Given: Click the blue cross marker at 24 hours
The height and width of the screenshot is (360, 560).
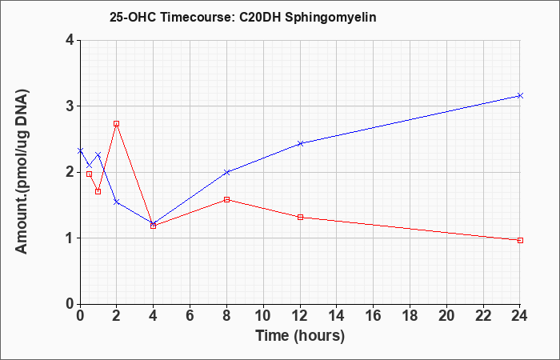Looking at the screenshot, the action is click(x=520, y=95).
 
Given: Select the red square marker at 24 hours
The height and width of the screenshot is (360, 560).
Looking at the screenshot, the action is click(x=520, y=240).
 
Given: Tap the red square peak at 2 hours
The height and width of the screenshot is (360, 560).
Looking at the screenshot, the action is click(x=116, y=123).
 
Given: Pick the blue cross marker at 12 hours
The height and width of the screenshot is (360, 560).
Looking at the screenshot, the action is click(x=300, y=143).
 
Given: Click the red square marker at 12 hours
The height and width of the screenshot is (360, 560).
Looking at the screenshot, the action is click(x=300, y=217).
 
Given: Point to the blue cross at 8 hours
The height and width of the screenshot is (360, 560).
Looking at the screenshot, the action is click(x=226, y=172).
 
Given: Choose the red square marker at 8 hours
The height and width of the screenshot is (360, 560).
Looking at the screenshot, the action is click(x=226, y=200).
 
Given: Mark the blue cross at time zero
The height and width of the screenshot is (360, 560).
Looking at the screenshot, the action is click(x=80, y=150).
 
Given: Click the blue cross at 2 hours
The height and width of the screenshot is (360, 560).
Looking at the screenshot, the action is click(x=116, y=202).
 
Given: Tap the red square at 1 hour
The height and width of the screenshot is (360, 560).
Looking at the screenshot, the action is click(x=98, y=191).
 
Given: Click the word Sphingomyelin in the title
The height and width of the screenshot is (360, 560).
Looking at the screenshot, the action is click(x=330, y=18).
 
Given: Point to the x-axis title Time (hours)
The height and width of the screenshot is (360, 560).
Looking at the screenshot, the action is click(x=300, y=336).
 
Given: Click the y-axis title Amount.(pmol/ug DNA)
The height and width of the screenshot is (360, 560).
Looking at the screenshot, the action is click(x=22, y=172).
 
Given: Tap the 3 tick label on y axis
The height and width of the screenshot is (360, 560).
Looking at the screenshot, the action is click(x=70, y=106).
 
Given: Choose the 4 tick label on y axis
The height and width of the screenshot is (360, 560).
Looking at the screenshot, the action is click(x=70, y=40).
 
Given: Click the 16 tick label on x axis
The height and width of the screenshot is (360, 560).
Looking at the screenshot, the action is click(x=374, y=315).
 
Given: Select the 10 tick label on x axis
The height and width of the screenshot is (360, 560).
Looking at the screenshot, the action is click(x=263, y=315).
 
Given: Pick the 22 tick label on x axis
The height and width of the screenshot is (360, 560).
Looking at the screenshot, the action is click(x=483, y=315).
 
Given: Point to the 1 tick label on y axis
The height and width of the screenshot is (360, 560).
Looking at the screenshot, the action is click(x=70, y=238).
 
